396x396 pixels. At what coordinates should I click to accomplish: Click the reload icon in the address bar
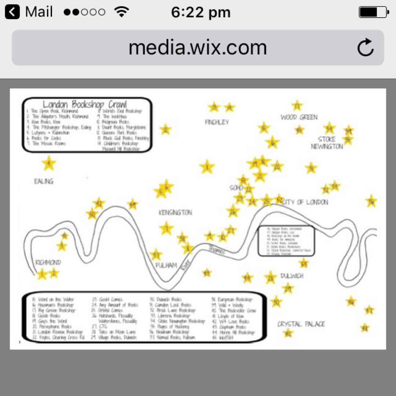(x=365, y=48)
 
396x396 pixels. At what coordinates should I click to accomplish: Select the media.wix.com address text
(x=198, y=48)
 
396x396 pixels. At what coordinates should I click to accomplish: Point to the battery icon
(x=373, y=12)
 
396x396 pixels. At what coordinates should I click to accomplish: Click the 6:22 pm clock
(x=201, y=12)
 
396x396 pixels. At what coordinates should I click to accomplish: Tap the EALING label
(x=44, y=181)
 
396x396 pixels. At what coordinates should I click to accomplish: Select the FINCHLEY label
(x=217, y=122)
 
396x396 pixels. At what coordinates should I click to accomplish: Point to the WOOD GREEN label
(x=299, y=117)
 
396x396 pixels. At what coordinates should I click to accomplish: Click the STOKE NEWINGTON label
(x=327, y=143)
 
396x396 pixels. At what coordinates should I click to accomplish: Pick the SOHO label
(x=236, y=188)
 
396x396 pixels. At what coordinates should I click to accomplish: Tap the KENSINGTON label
(x=175, y=213)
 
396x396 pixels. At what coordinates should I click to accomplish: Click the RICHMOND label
(x=48, y=263)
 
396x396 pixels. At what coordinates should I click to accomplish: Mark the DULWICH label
(x=292, y=276)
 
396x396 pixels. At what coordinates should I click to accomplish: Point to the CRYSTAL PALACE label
(x=301, y=324)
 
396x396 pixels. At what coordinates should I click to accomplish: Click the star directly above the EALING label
(x=48, y=164)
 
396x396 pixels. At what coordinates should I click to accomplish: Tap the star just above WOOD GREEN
(x=297, y=106)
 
